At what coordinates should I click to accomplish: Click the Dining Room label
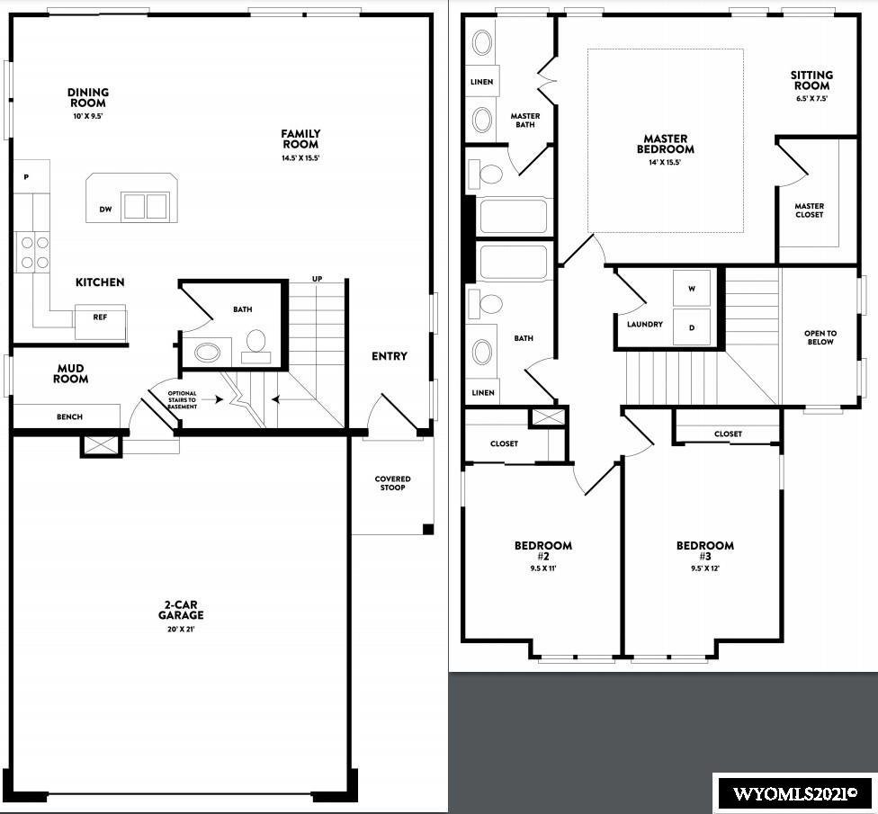(88, 97)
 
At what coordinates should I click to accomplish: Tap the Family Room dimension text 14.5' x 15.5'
(300, 158)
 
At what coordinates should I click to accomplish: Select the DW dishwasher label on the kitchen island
(106, 210)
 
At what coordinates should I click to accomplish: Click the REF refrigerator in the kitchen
(100, 322)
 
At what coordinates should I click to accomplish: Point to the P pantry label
(26, 177)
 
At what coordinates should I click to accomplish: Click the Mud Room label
(70, 373)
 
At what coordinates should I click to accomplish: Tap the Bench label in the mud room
(69, 417)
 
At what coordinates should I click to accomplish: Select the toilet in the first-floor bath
(255, 344)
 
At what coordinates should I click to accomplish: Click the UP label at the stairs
(317, 279)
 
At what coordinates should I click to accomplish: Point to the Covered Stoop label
(392, 483)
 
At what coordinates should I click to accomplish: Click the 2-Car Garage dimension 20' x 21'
(180, 630)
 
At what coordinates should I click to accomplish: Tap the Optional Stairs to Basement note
(182, 399)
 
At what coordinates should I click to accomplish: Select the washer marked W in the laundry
(692, 289)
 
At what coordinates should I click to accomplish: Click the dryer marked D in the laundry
(692, 326)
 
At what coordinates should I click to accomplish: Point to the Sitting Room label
(812, 80)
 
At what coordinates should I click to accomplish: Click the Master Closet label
(809, 210)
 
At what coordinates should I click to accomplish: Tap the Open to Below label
(820, 337)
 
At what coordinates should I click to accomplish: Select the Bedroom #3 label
(705, 550)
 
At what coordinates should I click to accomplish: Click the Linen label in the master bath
(481, 82)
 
